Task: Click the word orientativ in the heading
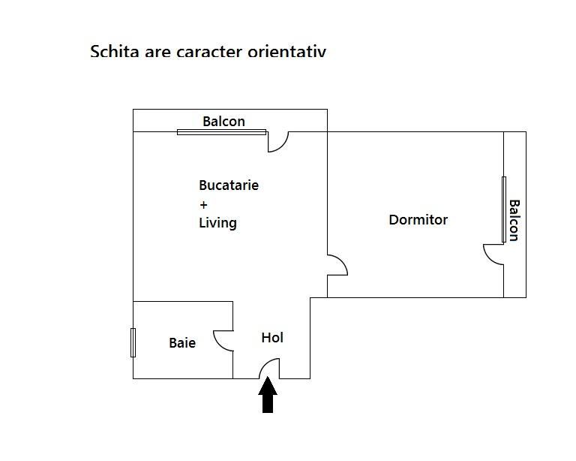(x=287, y=51)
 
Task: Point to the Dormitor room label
(x=418, y=220)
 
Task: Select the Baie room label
(x=182, y=342)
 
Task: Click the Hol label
(x=272, y=337)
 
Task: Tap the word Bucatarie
(x=229, y=185)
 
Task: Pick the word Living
(x=217, y=223)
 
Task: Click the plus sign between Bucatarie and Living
(x=203, y=204)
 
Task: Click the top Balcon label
(x=223, y=122)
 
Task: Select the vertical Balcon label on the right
(x=514, y=221)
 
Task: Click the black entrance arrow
(x=268, y=395)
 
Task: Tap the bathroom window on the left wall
(x=133, y=342)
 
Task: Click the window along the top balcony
(x=221, y=132)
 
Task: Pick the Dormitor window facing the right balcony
(x=504, y=209)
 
